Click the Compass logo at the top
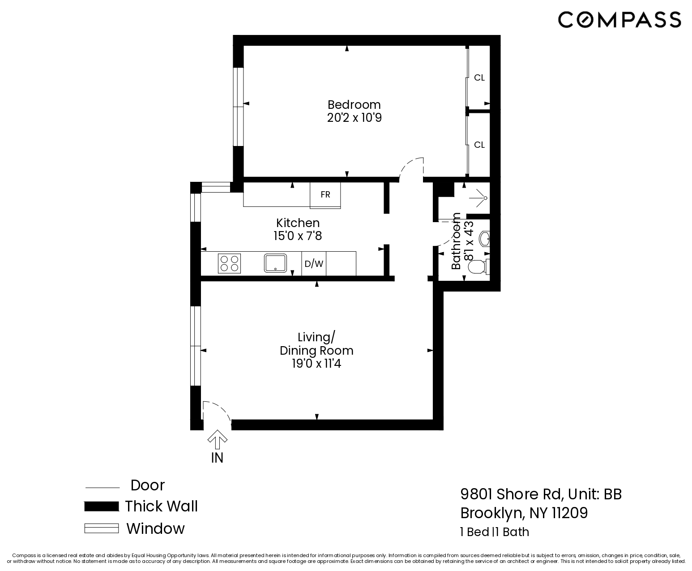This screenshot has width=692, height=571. (619, 20)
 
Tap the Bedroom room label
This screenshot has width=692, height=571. (354, 105)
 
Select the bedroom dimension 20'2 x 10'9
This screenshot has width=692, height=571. (354, 118)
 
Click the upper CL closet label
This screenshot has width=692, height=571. (479, 78)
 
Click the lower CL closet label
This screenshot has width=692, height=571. (479, 145)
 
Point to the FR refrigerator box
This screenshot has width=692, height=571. (325, 195)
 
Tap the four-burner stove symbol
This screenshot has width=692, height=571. (229, 263)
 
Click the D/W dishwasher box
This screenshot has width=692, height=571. (314, 264)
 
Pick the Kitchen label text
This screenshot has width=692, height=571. (298, 223)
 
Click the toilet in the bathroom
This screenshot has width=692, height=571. (477, 267)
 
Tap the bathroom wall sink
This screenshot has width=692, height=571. (484, 239)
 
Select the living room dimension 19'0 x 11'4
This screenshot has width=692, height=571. (316, 364)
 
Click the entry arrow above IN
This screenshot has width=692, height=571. (217, 439)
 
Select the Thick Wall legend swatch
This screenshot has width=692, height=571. (102, 507)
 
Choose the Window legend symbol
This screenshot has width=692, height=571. (102, 528)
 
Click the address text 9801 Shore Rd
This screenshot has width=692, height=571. (511, 494)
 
